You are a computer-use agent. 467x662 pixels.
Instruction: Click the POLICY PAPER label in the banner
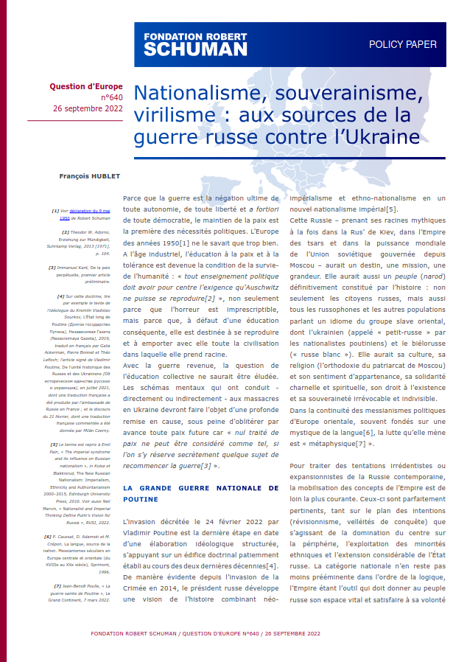click(x=402, y=44)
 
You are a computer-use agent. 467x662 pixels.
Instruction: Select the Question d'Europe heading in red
click(x=86, y=86)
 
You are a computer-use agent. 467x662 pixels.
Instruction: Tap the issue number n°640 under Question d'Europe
click(x=111, y=97)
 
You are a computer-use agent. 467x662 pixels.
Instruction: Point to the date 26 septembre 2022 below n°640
click(x=88, y=108)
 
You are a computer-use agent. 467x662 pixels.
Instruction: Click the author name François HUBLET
click(x=91, y=177)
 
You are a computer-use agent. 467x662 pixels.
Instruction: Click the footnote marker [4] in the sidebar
click(x=60, y=296)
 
